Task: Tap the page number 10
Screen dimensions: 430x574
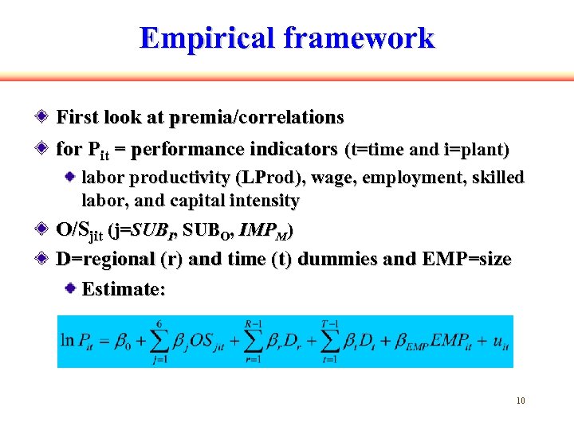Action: point(521,401)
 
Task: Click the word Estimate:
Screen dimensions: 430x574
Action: point(124,290)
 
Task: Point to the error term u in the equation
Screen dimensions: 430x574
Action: point(500,342)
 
